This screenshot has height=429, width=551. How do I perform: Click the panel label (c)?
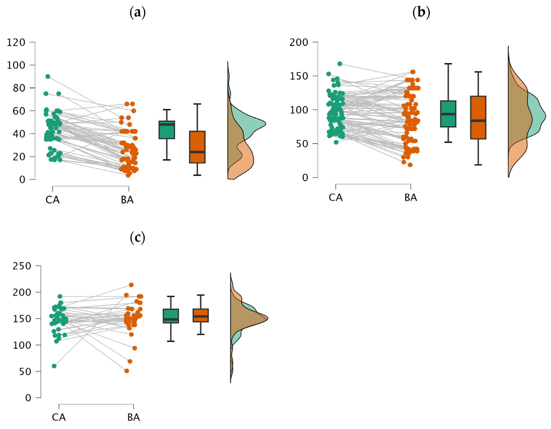(x=137, y=238)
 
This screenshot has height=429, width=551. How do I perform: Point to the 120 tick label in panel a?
(x=16, y=42)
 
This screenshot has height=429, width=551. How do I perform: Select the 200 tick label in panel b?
(x=299, y=42)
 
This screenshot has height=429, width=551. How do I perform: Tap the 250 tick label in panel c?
(x=22, y=266)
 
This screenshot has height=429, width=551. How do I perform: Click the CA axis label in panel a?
(x=53, y=200)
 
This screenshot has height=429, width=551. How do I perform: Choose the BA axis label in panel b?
(x=411, y=197)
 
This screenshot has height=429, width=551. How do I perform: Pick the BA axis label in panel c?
(x=134, y=417)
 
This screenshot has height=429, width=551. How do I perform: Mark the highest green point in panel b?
(x=340, y=64)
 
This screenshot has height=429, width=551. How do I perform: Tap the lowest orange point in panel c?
(x=127, y=371)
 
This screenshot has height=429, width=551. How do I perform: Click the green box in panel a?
(x=167, y=130)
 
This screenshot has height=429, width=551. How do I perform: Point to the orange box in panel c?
(x=201, y=315)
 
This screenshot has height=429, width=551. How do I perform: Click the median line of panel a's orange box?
(x=197, y=152)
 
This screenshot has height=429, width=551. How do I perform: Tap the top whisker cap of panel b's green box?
(x=448, y=64)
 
